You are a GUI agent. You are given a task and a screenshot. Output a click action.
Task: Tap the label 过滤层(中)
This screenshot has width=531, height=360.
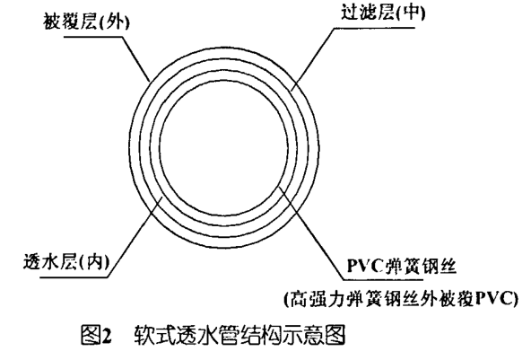coord(383,13)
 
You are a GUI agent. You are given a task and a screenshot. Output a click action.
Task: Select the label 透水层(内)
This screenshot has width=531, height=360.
coord(66,262)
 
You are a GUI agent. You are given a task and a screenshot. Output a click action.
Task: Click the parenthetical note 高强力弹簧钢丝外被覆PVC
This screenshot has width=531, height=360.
coord(401,299)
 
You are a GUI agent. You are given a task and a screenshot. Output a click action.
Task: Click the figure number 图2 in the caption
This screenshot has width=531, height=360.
coord(96,334)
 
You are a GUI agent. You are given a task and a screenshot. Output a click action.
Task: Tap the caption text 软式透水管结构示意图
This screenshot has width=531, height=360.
coord(239,334)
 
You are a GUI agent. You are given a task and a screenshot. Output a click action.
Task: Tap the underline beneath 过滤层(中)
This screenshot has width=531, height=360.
coord(375,28)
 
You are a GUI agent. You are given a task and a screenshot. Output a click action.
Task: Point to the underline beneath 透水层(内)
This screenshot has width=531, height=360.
coord(74,278)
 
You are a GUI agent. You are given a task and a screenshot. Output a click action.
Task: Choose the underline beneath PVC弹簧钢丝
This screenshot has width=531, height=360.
coord(383,280)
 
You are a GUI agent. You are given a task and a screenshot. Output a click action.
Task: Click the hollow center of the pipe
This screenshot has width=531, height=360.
coord(224,148)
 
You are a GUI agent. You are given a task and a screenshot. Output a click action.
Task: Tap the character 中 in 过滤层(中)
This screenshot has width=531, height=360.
coord(409,13)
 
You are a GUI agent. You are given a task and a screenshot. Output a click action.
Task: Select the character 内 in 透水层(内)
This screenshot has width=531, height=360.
coord(94,262)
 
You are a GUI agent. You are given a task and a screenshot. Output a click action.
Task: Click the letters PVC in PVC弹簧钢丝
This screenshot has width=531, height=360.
coord(364,266)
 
